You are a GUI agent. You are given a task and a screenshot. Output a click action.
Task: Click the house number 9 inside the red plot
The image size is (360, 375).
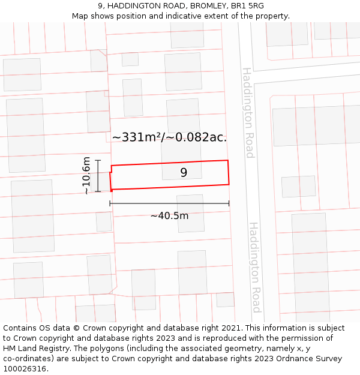click(184, 173)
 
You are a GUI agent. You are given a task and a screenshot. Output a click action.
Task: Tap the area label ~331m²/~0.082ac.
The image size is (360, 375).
click(169, 137)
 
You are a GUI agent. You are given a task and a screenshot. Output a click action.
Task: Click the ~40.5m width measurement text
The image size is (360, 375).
click(169, 216)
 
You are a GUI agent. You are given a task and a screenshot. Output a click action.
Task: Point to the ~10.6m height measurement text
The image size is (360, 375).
click(86, 175)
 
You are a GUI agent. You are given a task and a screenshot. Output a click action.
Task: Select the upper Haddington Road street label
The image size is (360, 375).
click(248, 113)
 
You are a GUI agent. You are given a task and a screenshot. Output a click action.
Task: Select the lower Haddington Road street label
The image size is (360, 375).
click(255, 267)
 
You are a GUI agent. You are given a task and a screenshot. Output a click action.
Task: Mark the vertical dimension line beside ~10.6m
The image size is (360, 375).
click(98, 175)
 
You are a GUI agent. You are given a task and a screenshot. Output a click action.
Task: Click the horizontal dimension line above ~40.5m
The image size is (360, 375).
click(169, 204)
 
